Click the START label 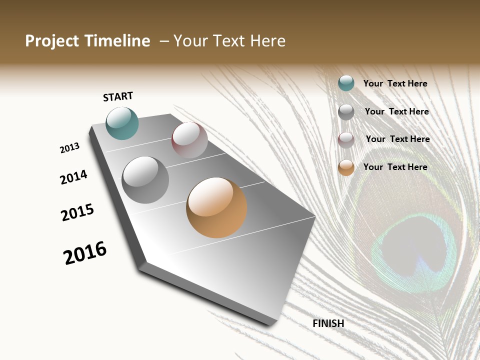click(x=118, y=96)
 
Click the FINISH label click(x=328, y=323)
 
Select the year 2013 click(x=69, y=148)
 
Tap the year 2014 click(x=73, y=177)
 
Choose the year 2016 click(x=85, y=253)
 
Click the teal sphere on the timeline click(x=122, y=123)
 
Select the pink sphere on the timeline click(x=189, y=140)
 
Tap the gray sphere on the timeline click(x=145, y=180)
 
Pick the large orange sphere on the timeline click(x=216, y=207)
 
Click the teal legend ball click(x=346, y=83)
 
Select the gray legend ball click(x=346, y=112)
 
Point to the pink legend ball click(x=346, y=140)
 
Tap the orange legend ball click(x=346, y=167)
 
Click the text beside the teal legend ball click(x=395, y=84)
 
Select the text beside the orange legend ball click(x=395, y=167)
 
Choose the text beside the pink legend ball click(x=397, y=139)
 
